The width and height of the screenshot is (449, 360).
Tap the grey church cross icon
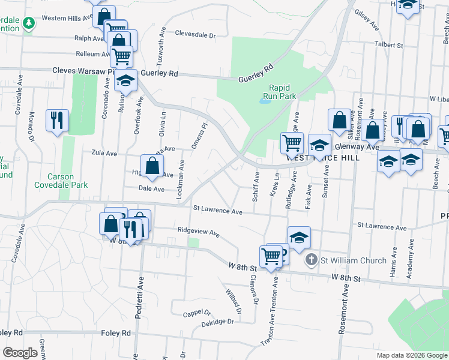(311, 260)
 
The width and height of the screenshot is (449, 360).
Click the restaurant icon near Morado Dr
(58, 120)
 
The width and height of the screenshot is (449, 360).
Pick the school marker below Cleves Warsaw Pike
(125, 81)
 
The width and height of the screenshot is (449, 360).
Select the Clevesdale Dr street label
(195, 35)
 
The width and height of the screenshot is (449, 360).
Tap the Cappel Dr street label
(197, 313)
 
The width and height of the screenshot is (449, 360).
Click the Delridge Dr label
(217, 322)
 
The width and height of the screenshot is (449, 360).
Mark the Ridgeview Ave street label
(199, 232)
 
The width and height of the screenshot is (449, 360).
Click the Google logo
(20, 353)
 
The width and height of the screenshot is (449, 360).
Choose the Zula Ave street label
(104, 153)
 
